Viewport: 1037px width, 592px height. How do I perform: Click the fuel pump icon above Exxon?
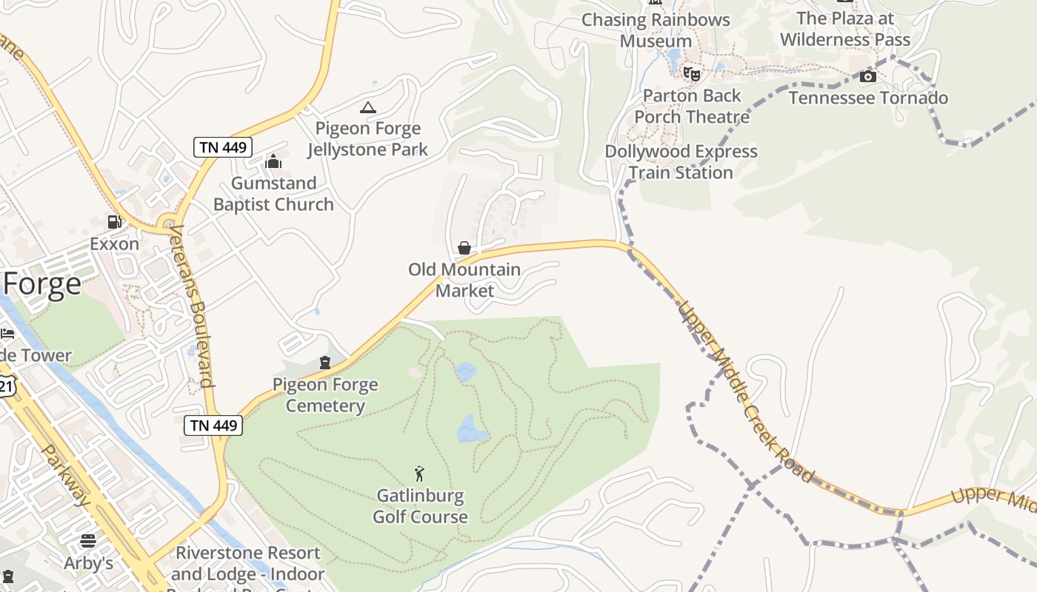pos(114,222)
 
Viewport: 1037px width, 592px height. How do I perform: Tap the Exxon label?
pos(114,243)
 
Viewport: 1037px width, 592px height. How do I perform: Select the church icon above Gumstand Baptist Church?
pos(273,161)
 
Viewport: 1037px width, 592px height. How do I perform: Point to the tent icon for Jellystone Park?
pos(367,107)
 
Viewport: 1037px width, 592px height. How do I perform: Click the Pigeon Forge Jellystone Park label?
pos(367,139)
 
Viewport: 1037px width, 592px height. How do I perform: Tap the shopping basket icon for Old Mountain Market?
pos(464,248)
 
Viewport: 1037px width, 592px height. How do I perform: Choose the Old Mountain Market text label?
pos(464,280)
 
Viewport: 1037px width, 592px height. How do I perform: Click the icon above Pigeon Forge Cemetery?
pos(324,363)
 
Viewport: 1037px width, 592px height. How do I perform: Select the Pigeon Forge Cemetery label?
pos(325,395)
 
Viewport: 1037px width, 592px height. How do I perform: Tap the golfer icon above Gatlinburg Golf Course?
pos(420,474)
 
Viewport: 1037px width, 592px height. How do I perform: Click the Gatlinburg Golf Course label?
pos(420,506)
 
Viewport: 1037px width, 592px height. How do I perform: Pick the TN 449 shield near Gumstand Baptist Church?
pos(223,147)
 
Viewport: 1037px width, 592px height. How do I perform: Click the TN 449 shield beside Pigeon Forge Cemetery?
pos(213,425)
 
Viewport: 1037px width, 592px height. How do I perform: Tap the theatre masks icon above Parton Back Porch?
pos(691,73)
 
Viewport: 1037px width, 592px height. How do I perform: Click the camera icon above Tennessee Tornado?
pos(868,76)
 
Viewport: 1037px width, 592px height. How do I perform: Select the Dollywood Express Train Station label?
pos(681,162)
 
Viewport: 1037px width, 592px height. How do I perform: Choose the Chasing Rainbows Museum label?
pos(656,30)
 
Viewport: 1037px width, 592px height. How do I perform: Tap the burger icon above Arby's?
pos(88,541)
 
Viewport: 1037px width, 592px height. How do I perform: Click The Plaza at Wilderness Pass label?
pos(845,29)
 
